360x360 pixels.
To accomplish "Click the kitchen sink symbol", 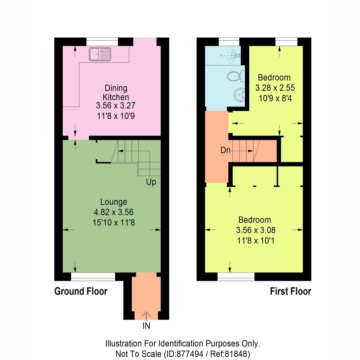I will point(100,54).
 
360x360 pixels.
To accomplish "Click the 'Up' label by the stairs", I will point(151,182).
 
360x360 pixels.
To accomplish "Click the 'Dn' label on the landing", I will point(225,150).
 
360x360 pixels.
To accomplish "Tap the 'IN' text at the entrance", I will point(146,326).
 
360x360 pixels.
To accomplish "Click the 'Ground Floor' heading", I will point(81,291).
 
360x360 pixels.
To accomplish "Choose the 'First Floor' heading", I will point(290,291).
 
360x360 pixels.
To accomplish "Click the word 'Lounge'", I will point(113,202).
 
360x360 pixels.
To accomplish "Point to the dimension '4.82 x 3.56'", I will point(113,212).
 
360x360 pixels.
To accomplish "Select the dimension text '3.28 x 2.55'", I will point(275,88).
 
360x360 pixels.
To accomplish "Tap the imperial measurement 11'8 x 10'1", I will point(256,241).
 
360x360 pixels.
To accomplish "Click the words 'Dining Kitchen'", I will point(116,92).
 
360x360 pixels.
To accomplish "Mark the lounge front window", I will point(93,277).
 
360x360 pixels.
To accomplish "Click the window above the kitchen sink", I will point(102,42).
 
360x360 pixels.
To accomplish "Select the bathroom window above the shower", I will point(229,42).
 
